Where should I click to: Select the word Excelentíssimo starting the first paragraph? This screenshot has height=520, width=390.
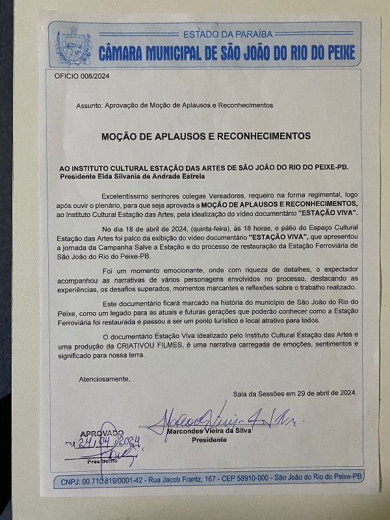126,195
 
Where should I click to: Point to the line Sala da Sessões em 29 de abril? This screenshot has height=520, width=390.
294,393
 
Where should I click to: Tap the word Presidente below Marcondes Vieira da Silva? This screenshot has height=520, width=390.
209,440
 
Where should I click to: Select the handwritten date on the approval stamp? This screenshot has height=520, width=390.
109,444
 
